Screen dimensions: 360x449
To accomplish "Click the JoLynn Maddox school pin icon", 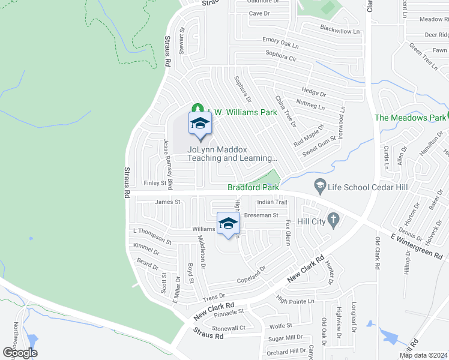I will point(200,124).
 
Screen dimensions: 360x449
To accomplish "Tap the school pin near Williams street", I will point(228,224).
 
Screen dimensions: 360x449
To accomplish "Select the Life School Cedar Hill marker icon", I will point(319,187).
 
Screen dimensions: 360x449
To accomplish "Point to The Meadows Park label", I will point(411,118).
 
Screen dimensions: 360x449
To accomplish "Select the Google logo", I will point(19,352).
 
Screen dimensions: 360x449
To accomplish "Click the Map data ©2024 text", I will point(424,355).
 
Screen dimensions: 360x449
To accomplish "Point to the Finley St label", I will point(155,183).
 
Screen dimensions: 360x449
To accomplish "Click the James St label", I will point(167,202).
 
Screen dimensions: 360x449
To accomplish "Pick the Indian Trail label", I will point(273,202).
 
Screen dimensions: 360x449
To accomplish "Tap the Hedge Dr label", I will point(313,92).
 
